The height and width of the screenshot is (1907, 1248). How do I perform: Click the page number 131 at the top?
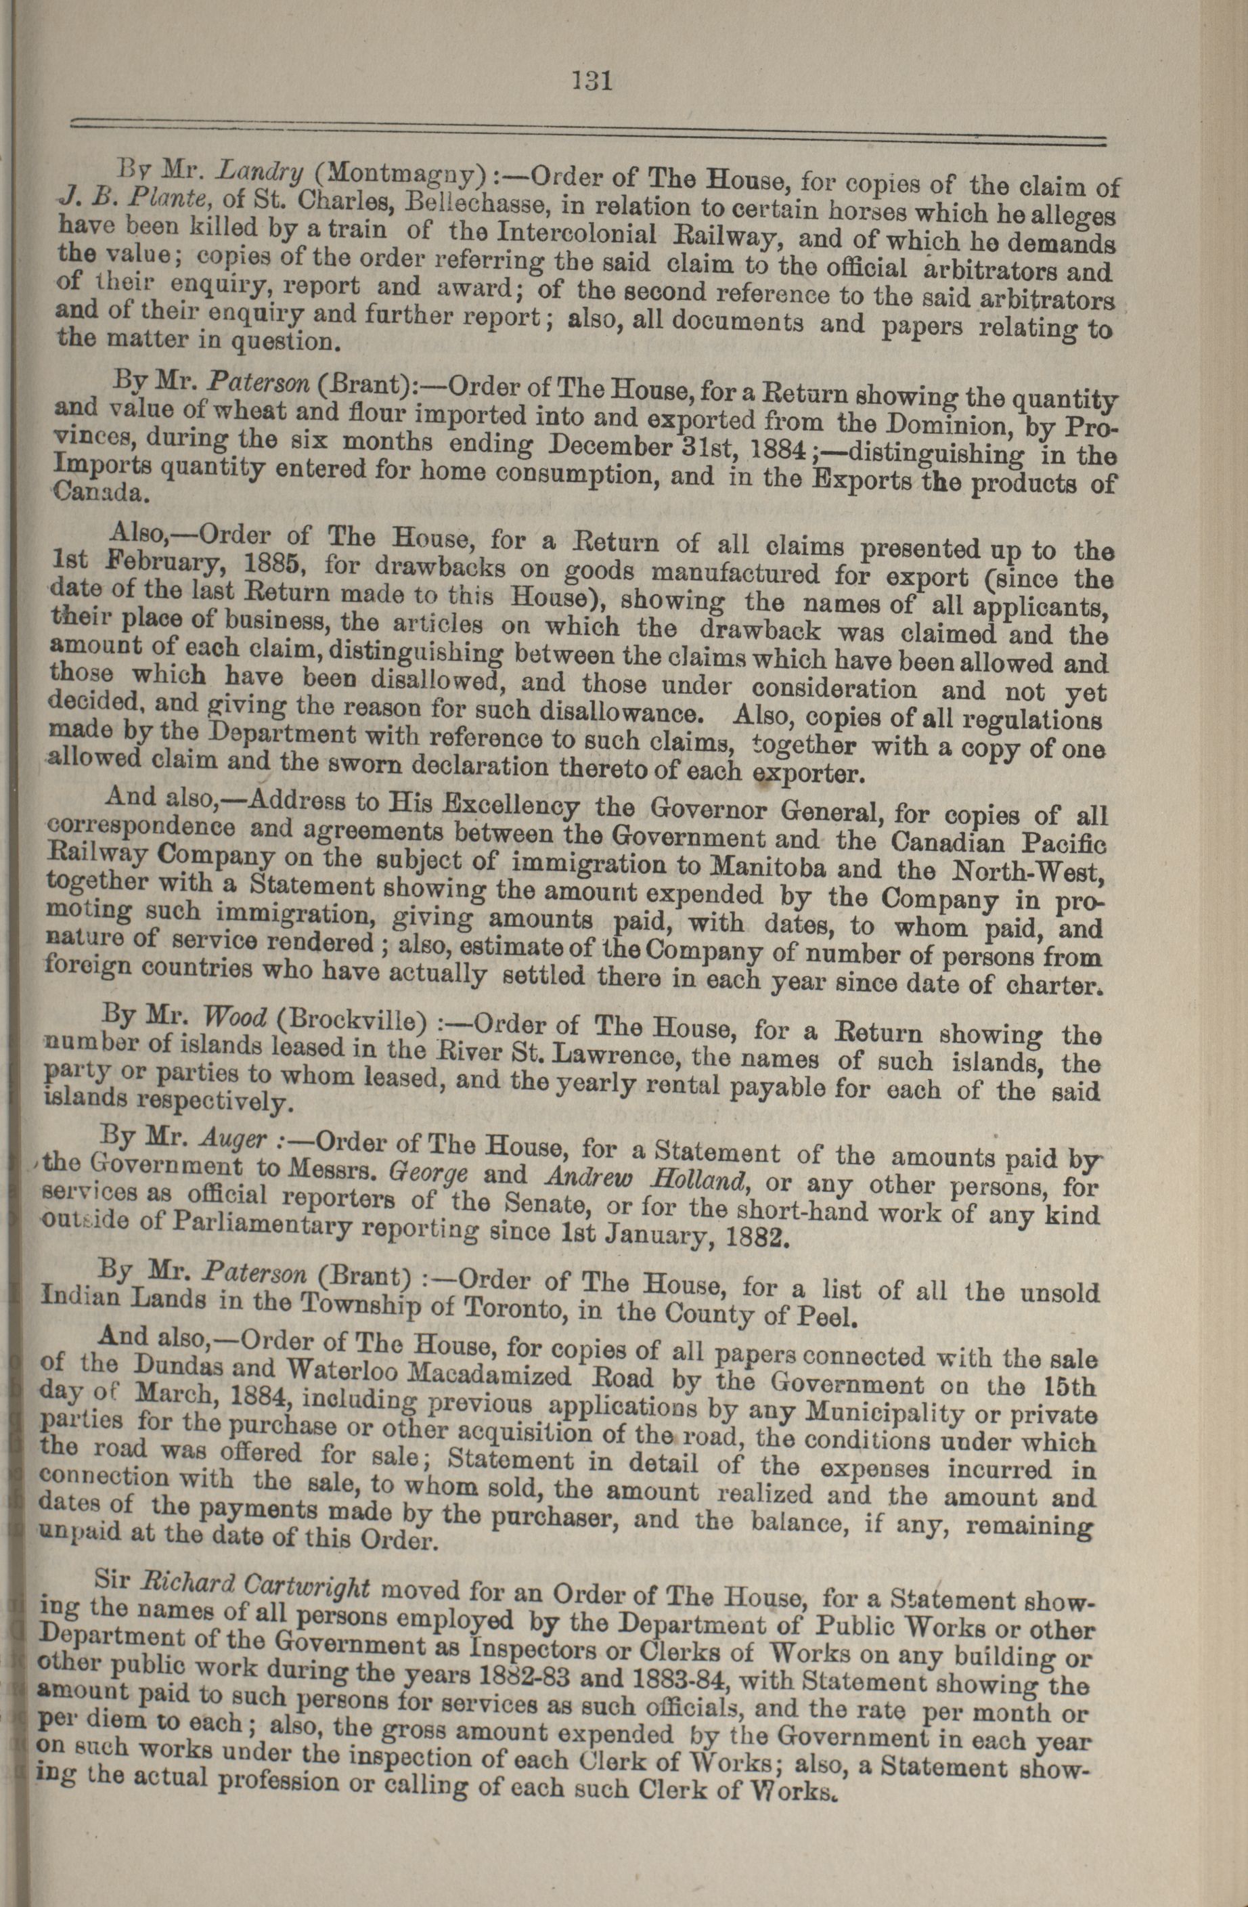click(592, 81)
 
